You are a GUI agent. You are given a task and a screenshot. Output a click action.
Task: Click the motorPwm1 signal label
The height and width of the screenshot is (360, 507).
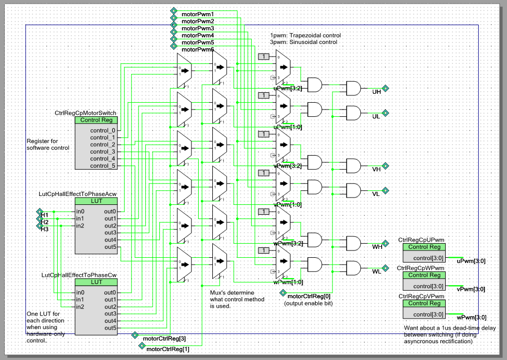(x=198, y=13)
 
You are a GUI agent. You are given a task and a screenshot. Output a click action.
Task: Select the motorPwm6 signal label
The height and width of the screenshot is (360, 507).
(x=198, y=50)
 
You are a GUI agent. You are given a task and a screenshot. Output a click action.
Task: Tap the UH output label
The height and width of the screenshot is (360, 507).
(x=376, y=92)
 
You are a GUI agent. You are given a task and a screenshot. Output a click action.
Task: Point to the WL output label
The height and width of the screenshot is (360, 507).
(x=376, y=271)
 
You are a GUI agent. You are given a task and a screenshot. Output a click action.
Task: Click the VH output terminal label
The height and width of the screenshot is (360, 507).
(x=376, y=170)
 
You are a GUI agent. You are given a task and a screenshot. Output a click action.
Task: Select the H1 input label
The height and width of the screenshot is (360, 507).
(x=45, y=215)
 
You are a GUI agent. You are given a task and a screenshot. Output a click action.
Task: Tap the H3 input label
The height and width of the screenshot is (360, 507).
(x=45, y=229)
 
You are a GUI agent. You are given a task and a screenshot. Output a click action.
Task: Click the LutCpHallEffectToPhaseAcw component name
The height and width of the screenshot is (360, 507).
(x=78, y=194)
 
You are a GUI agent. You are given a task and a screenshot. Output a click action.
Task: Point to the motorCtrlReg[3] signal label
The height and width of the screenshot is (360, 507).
(x=164, y=339)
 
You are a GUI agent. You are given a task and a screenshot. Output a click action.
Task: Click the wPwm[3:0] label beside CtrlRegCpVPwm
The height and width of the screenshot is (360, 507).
(x=471, y=317)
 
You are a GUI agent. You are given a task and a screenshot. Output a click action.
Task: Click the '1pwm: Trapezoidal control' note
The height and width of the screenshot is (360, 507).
(x=302, y=35)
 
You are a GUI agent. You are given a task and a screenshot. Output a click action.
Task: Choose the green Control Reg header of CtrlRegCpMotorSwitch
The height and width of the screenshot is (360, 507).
(x=96, y=120)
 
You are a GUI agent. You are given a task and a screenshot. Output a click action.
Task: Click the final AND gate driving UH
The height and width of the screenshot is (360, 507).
(x=352, y=88)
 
